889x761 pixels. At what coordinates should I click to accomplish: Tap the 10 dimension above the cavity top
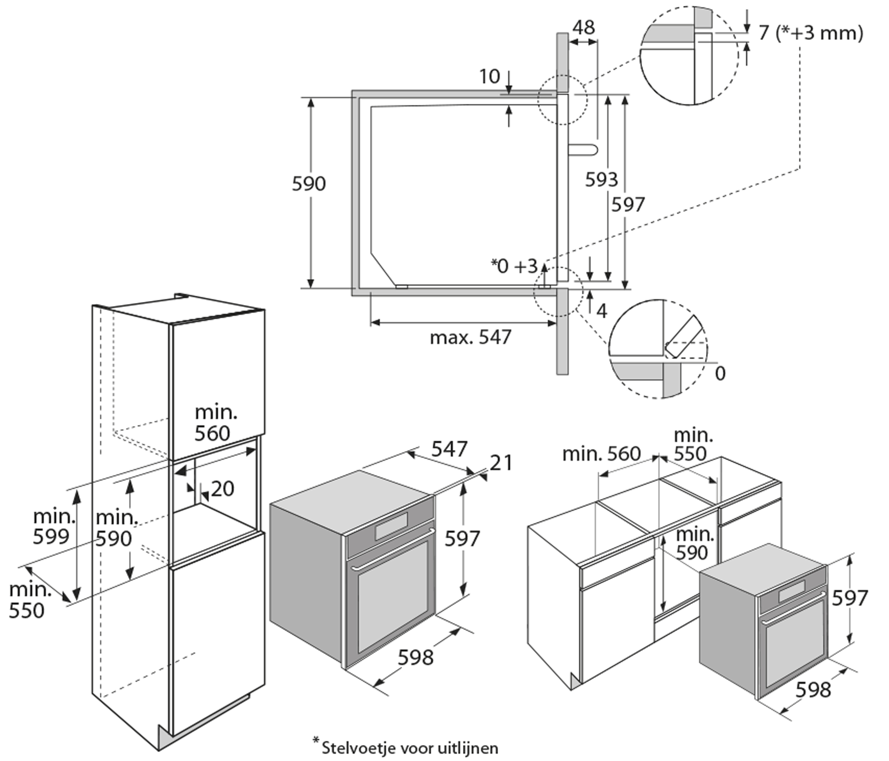pyautogui.click(x=489, y=77)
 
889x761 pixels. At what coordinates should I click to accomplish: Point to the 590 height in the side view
pyautogui.click(x=309, y=184)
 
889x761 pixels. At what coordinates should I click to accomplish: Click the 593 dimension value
pyautogui.click(x=601, y=179)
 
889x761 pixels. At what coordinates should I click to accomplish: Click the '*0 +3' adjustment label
pyautogui.click(x=514, y=266)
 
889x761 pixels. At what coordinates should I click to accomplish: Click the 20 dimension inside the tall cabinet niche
pyautogui.click(x=222, y=489)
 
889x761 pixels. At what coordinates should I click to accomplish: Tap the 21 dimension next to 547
pyautogui.click(x=501, y=463)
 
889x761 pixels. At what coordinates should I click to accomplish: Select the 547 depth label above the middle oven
pyautogui.click(x=449, y=449)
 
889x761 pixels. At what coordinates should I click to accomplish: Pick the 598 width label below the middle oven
pyautogui.click(x=415, y=657)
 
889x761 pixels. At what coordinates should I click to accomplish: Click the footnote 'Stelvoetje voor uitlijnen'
pyautogui.click(x=409, y=748)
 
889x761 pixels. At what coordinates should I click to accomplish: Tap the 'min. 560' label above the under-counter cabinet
pyautogui.click(x=601, y=453)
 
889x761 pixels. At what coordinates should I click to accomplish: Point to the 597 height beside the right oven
pyautogui.click(x=849, y=598)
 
